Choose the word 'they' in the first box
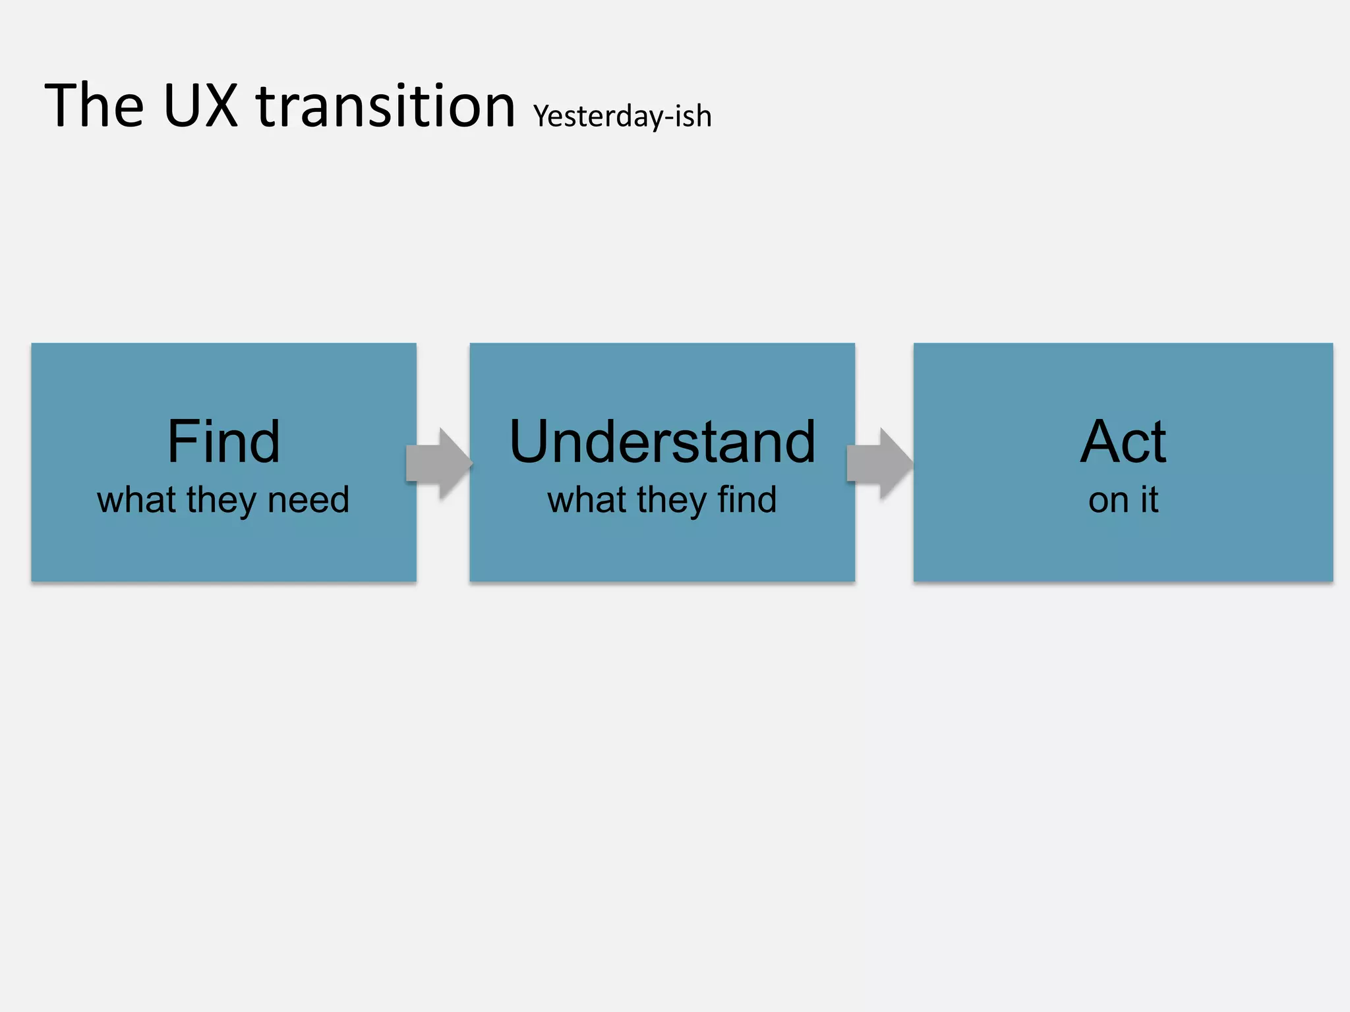220,501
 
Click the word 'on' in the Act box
1108,501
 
